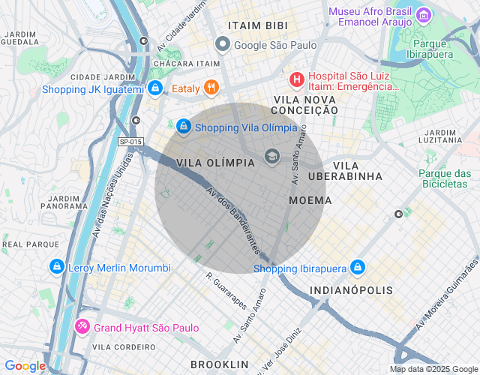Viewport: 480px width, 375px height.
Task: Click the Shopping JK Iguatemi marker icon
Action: pos(154,89)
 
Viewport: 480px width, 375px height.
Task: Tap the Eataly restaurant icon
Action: pos(212,88)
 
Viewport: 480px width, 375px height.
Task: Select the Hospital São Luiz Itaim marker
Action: pos(297,79)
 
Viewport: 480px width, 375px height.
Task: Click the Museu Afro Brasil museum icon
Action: pos(424,14)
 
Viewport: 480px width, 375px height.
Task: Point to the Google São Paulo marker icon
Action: pos(222,45)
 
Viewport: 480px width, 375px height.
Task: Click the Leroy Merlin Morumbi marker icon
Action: pos(56,267)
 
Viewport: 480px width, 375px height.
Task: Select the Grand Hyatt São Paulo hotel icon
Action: pos(82,328)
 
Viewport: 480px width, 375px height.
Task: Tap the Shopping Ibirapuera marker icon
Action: pos(357,268)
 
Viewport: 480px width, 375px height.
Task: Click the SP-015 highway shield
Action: pos(130,141)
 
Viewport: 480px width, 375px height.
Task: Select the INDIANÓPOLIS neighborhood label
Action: pos(350,289)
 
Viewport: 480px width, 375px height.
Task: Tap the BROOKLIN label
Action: pos(219,364)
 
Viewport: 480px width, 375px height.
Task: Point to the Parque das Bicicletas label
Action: pos(445,178)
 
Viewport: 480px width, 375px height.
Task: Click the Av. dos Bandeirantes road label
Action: pos(232,218)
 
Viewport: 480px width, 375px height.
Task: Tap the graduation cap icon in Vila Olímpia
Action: pos(271,156)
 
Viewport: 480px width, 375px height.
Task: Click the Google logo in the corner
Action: pos(25,366)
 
